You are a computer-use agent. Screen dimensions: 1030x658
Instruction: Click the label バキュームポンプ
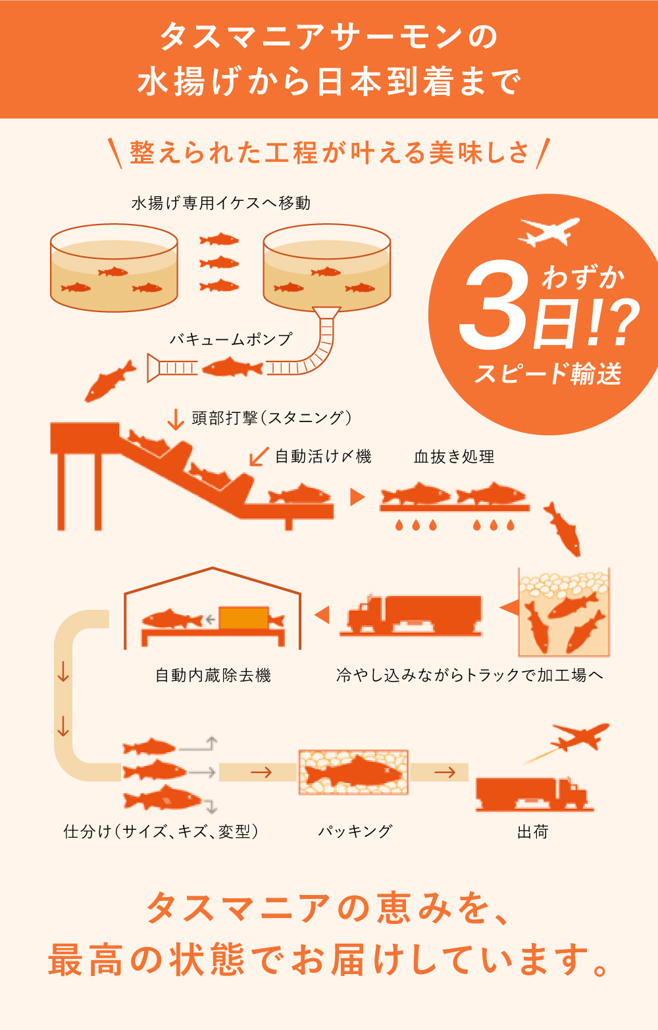(230, 340)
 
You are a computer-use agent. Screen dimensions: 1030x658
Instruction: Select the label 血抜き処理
(454, 457)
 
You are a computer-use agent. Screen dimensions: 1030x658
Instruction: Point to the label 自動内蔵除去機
(213, 676)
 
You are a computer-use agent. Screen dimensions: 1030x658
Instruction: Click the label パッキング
(355, 832)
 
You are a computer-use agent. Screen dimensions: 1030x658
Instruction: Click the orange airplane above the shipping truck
(579, 736)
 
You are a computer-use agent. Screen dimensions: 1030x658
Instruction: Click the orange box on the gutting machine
(243, 618)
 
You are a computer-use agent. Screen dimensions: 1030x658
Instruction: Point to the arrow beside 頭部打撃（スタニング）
(176, 419)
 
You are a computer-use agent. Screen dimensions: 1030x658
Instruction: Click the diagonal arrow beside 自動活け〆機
(259, 456)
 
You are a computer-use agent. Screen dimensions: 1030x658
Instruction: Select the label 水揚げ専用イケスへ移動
(221, 203)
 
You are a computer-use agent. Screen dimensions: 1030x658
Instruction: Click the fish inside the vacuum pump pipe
(232, 367)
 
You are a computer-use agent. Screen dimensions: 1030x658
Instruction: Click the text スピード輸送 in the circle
(548, 374)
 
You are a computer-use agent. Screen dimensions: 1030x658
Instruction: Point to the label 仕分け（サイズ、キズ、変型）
(161, 832)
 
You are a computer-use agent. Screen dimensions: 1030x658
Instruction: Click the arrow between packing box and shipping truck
(445, 772)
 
